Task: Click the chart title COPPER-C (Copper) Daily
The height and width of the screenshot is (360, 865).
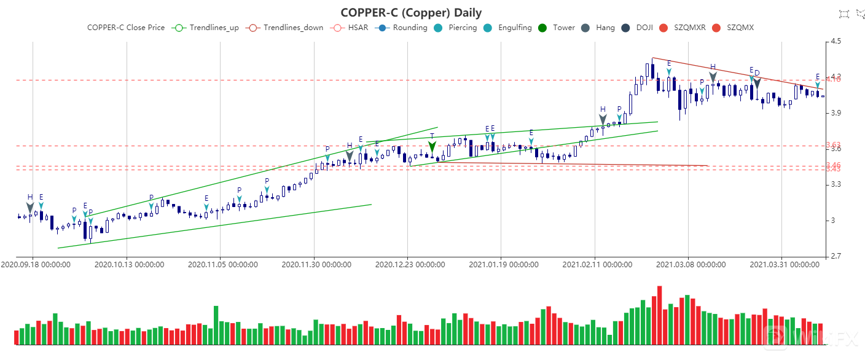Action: click(411, 13)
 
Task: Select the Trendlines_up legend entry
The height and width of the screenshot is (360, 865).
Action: click(207, 28)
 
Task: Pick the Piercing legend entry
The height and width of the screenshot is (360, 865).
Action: click(455, 28)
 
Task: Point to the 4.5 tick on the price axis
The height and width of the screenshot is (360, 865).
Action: click(836, 42)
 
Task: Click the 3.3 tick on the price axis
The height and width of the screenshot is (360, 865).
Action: click(836, 184)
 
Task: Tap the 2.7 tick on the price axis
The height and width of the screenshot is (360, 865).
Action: click(836, 256)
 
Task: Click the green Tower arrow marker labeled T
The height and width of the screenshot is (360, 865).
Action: click(432, 147)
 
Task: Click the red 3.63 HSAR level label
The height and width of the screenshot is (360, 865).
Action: click(833, 145)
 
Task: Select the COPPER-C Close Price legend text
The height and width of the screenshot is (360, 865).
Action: click(126, 28)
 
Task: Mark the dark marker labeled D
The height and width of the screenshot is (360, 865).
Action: click(757, 82)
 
